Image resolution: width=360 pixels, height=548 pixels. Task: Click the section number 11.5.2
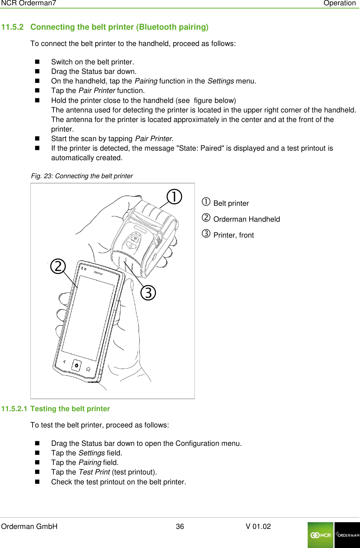click(x=12, y=27)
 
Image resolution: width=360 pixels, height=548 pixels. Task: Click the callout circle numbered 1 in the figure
click(x=174, y=197)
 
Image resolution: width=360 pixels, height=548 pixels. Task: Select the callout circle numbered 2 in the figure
click(x=58, y=266)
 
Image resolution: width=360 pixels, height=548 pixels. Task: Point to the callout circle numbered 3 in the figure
click(x=148, y=293)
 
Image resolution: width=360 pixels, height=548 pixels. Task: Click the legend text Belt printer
click(x=231, y=203)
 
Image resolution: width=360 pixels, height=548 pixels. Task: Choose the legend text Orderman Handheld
click(x=246, y=219)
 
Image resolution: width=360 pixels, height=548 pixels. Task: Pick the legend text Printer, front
click(x=233, y=235)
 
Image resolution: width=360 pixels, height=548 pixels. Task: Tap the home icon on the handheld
click(x=88, y=369)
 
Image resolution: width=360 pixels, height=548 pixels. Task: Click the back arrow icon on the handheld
click(x=64, y=362)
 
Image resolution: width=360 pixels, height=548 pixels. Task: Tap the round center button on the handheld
click(x=76, y=365)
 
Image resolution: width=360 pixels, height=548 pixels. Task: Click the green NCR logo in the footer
click(x=320, y=535)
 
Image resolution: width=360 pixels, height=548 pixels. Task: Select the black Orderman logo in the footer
click(x=347, y=535)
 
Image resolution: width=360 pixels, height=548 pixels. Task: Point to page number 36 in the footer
click(x=180, y=526)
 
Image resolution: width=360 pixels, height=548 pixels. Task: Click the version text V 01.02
click(x=258, y=526)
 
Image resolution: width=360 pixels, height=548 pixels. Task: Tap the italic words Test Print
click(x=94, y=472)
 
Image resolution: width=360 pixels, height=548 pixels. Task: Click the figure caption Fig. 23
click(x=82, y=176)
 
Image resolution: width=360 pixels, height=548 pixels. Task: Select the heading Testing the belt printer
click(x=70, y=409)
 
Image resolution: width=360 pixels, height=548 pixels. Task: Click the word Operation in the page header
click(x=339, y=3)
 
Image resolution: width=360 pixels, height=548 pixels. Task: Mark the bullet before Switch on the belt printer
click(x=37, y=62)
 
